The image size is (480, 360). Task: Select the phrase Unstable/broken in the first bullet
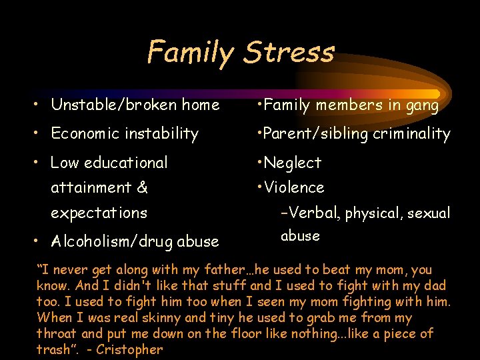(x=109, y=105)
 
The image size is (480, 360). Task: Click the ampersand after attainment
(x=141, y=188)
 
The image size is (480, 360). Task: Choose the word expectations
(x=99, y=213)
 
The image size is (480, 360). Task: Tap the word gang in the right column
(x=423, y=105)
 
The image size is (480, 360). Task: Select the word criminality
(x=411, y=134)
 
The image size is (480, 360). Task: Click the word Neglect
(x=293, y=163)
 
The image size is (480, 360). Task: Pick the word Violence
(x=294, y=188)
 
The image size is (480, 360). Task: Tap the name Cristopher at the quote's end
(x=129, y=349)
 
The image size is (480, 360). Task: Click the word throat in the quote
(x=58, y=334)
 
